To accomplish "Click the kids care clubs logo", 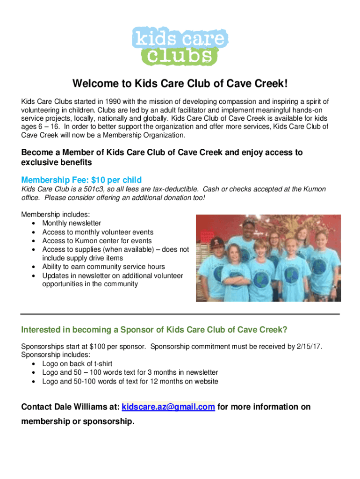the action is (180, 46).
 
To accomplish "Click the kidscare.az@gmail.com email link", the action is (168, 407).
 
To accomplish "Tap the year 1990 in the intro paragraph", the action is (113, 102).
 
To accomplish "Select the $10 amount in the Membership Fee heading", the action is (98, 180).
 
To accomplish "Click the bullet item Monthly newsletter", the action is (72, 223).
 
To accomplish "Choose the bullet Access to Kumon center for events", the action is (97, 241).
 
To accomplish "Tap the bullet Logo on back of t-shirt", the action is (77, 364).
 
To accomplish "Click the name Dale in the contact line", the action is (62, 407).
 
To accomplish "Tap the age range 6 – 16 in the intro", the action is (49, 126).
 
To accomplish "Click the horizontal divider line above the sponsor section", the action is (180, 314).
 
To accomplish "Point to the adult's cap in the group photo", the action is (249, 222).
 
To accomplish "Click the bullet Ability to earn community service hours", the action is (103, 267).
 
